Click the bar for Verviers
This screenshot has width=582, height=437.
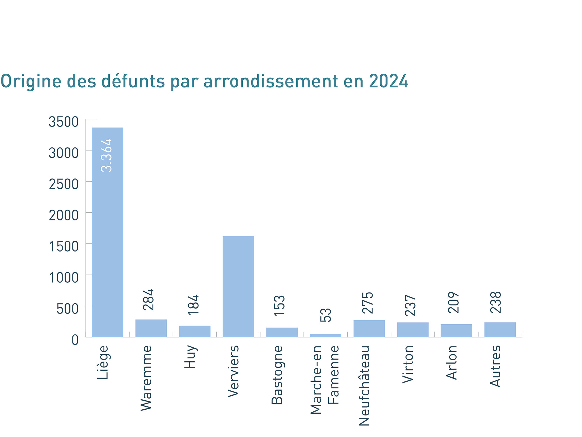coord(238,286)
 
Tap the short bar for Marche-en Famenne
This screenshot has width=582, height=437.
coord(325,335)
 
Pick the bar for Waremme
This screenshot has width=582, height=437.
coord(151,328)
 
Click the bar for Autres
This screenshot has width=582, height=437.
coord(500,330)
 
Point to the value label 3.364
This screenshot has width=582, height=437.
coord(107,155)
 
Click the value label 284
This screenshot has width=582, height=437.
coord(148,300)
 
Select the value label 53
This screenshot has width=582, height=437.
coord(326,315)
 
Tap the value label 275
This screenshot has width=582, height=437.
coord(368,302)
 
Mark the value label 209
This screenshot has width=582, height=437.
coord(454,302)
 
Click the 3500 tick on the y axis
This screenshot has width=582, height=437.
coord(63,122)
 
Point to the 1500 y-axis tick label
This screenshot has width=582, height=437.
coord(64,246)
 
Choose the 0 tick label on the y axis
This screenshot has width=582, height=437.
coord(75,340)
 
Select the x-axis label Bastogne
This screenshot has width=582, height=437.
coord(277,375)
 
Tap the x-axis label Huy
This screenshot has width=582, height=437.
coord(190,357)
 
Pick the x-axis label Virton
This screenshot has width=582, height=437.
coord(408,364)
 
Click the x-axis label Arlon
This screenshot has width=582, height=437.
coord(452,362)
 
